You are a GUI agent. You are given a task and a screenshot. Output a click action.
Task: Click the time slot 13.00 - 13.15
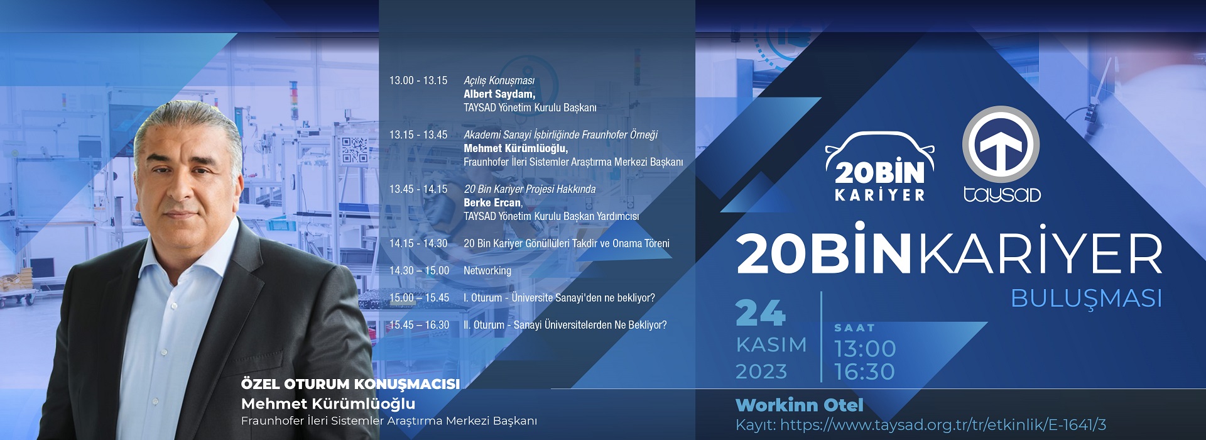418,80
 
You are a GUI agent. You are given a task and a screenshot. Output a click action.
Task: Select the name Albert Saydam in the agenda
499,94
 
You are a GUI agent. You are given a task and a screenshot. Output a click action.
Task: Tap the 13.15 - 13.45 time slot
418,135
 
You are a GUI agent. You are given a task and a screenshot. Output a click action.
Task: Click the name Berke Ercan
492,202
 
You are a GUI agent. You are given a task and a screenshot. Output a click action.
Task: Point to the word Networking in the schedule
487,271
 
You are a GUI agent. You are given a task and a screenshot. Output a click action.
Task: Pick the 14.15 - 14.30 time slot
418,243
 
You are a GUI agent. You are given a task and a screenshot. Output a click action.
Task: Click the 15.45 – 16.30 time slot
419,325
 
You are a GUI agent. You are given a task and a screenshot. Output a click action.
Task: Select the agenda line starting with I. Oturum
559,298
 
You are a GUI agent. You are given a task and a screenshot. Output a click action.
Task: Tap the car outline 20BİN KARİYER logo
879,167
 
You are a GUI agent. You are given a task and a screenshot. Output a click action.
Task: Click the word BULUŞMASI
1087,298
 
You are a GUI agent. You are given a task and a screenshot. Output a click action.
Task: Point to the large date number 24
761,313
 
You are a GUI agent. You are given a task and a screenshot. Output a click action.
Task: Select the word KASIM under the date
771,345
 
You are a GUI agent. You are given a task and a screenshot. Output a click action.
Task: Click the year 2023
761,371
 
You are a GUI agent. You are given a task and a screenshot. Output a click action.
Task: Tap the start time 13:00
865,349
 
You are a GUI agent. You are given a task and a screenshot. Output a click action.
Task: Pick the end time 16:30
865,372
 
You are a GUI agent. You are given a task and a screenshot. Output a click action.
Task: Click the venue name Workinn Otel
800,405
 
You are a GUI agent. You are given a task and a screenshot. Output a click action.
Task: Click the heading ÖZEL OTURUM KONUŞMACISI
350,384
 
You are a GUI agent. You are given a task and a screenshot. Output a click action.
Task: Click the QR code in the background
354,150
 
